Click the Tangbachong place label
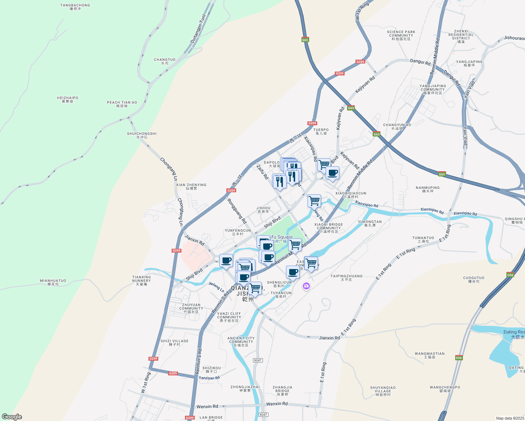point(75,7)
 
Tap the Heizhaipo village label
point(67,99)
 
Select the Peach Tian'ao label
point(122,104)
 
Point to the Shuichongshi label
point(142,135)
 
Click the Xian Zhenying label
point(191,186)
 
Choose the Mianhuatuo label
point(53,282)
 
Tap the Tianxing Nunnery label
point(141,280)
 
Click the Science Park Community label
point(401,35)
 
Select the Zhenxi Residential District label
point(461,36)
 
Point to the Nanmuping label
point(427,189)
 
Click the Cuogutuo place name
point(474,279)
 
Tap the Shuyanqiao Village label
point(383,391)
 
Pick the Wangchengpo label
point(445,389)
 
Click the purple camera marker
point(306,286)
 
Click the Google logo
point(12,417)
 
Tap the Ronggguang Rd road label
point(237,211)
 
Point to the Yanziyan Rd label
point(209,378)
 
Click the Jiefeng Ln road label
point(216,287)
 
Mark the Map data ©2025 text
point(510,418)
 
